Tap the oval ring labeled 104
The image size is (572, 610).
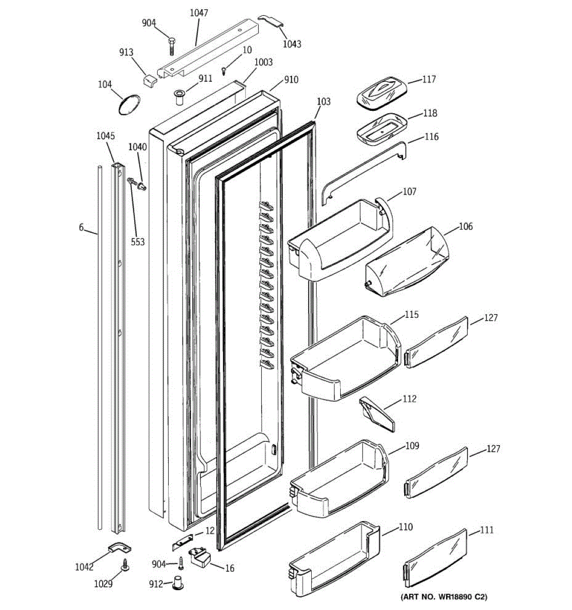click(x=128, y=105)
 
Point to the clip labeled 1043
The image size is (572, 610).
click(x=272, y=21)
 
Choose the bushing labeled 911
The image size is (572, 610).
click(x=179, y=97)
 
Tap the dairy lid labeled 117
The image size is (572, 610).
click(x=381, y=92)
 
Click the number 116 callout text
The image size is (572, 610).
click(x=430, y=137)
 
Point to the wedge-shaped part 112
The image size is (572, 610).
click(x=377, y=414)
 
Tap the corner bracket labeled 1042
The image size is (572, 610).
click(x=119, y=549)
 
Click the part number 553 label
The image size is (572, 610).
click(x=138, y=242)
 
